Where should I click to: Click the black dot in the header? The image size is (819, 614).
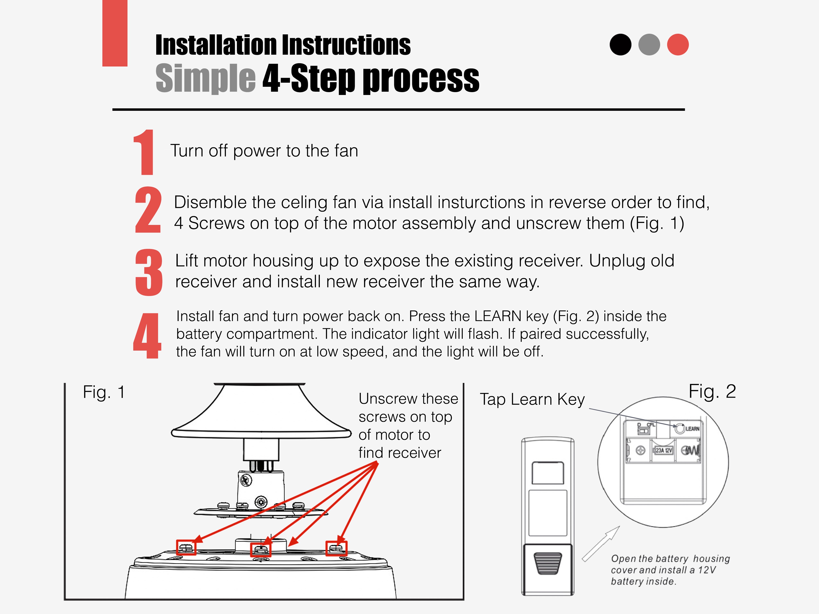tap(620, 45)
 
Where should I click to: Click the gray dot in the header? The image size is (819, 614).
tap(649, 45)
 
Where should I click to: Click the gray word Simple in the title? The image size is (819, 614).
tap(206, 78)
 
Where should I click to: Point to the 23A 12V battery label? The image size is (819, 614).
tap(664, 450)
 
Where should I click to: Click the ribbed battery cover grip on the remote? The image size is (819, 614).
tap(548, 563)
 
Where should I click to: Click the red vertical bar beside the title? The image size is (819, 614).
tap(115, 33)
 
